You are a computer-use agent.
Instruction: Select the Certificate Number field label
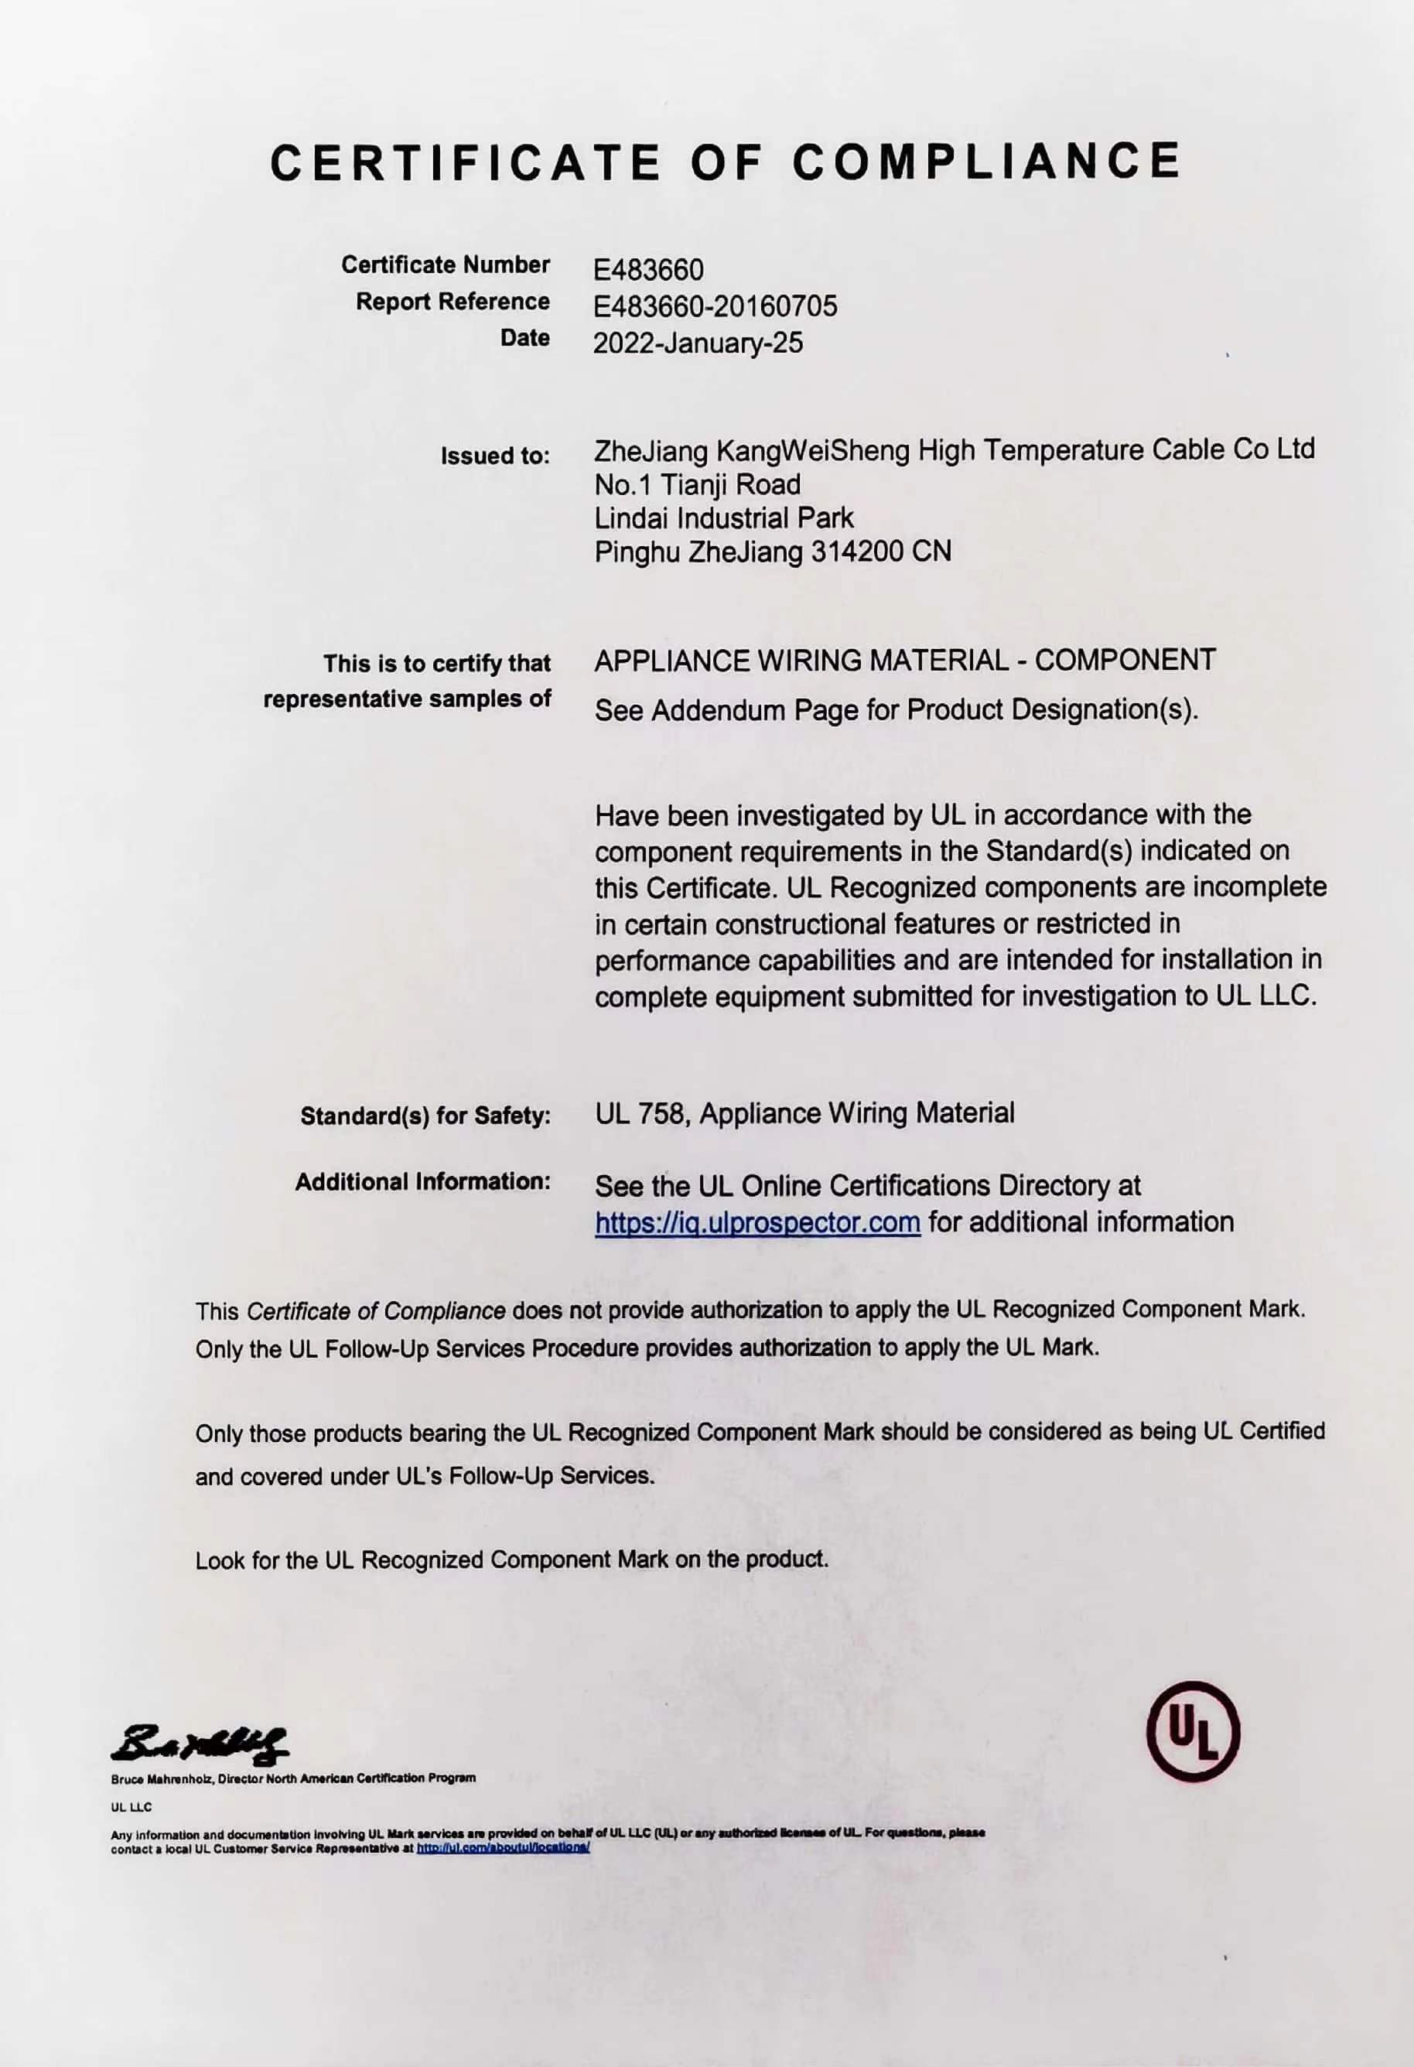446,265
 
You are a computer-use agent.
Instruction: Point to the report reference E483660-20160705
715,306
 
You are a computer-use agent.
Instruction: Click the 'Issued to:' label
495,456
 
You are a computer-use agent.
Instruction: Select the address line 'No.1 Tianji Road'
697,485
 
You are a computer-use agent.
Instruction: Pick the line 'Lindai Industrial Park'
723,518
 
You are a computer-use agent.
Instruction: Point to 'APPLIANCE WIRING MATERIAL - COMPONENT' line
904,660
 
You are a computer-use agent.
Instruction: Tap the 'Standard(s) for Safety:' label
425,1115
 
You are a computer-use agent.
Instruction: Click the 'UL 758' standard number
640,1113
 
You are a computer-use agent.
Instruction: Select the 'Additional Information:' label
422,1182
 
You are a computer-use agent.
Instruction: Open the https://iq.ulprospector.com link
757,1223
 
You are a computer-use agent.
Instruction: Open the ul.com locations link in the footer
503,1847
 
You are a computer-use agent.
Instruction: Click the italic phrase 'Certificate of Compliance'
375,1311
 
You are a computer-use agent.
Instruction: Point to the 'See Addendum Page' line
896,711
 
